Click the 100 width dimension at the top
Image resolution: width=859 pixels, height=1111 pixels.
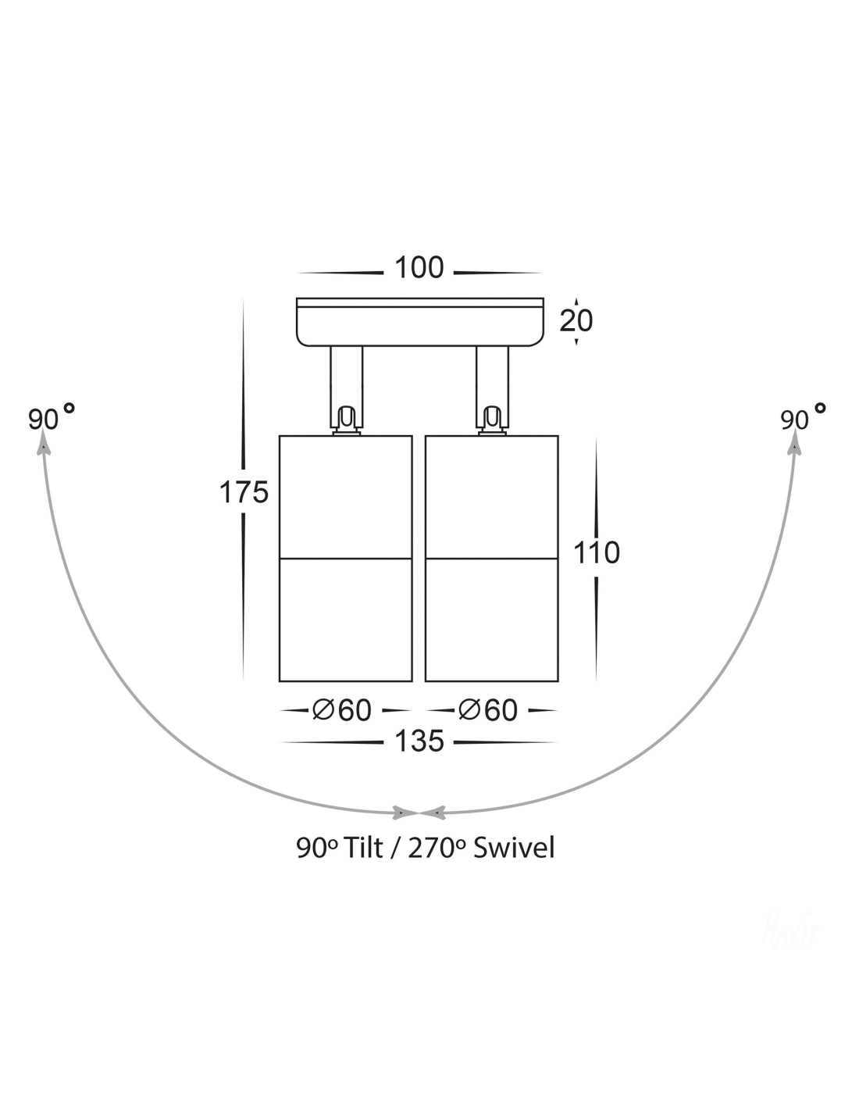click(x=419, y=268)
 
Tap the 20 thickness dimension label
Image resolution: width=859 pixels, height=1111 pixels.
click(x=576, y=321)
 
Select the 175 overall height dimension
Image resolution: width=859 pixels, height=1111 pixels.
click(x=244, y=493)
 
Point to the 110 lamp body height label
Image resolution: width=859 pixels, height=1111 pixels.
click(x=597, y=552)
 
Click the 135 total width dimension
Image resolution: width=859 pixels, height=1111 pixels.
click(x=419, y=741)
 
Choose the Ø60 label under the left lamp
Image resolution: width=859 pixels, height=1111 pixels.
click(x=342, y=710)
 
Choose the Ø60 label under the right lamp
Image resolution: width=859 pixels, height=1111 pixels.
click(x=488, y=710)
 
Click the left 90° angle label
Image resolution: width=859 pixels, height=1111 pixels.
click(x=52, y=417)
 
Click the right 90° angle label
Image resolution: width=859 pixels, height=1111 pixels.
click(x=803, y=417)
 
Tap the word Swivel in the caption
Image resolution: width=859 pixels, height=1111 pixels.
click(x=514, y=848)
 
